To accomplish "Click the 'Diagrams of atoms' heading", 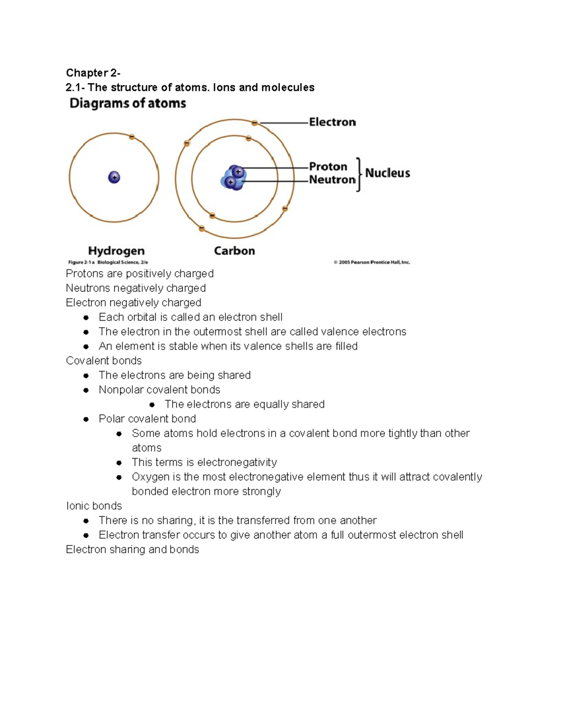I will coord(128,103).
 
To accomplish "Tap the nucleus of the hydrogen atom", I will coord(114,178).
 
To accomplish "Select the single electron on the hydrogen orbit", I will coord(132,137).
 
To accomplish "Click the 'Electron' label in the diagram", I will coord(332,122).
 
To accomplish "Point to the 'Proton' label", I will coord(328,167).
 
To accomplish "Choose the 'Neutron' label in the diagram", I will coord(332,180).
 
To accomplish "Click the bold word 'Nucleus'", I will coord(388,173).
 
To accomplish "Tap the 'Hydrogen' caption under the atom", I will coord(116,251).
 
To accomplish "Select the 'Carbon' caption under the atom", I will coord(234,251).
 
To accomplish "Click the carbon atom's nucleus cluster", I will coord(233,178).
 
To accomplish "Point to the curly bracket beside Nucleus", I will coord(359,174).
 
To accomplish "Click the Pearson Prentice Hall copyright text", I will coord(372,263).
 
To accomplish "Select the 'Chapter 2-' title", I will coord(93,73).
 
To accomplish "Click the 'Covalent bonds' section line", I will coord(104,361).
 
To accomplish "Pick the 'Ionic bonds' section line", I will coord(94,506).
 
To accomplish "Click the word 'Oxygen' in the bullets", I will coord(151,477).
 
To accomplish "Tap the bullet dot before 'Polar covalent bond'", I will coord(86,419).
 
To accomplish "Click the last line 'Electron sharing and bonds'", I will coord(132,549).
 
